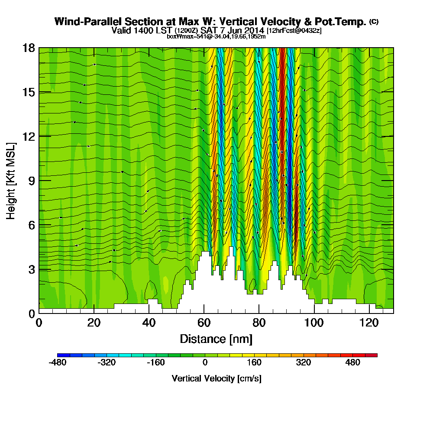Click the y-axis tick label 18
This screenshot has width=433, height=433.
pyautogui.click(x=29, y=48)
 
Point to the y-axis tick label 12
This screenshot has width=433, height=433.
pyautogui.click(x=29, y=136)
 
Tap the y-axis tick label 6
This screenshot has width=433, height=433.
pyautogui.click(x=31, y=225)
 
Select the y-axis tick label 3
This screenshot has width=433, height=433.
pyautogui.click(x=31, y=269)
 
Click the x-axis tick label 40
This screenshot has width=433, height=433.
pyautogui.click(x=149, y=323)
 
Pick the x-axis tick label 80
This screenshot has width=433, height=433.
pyautogui.click(x=259, y=323)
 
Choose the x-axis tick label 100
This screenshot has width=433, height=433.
pyautogui.click(x=314, y=323)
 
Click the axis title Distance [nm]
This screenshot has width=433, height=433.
pyautogui.click(x=216, y=339)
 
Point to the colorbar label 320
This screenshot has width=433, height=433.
pyautogui.click(x=304, y=363)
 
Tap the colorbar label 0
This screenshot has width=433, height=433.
pyautogui.click(x=205, y=363)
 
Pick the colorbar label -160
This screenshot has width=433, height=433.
pyautogui.click(x=155, y=363)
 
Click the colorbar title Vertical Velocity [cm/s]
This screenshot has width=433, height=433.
pyautogui.click(x=216, y=378)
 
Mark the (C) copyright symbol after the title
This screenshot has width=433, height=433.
pyautogui.click(x=374, y=21)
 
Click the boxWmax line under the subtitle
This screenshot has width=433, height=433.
pyautogui.click(x=216, y=36)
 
